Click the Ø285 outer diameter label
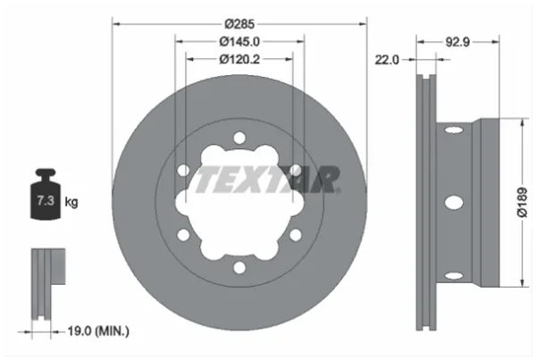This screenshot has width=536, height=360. (239, 24)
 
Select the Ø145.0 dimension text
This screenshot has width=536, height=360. (239, 41)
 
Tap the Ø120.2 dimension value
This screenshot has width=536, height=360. (239, 59)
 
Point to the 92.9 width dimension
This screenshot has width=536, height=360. (457, 42)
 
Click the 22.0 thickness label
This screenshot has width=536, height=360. (387, 60)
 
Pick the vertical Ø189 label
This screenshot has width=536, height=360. (522, 202)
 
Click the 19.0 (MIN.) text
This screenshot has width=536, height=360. (98, 331)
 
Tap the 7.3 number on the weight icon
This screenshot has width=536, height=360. (46, 200)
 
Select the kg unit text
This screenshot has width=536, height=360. (71, 202)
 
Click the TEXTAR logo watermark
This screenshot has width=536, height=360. (266, 180)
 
